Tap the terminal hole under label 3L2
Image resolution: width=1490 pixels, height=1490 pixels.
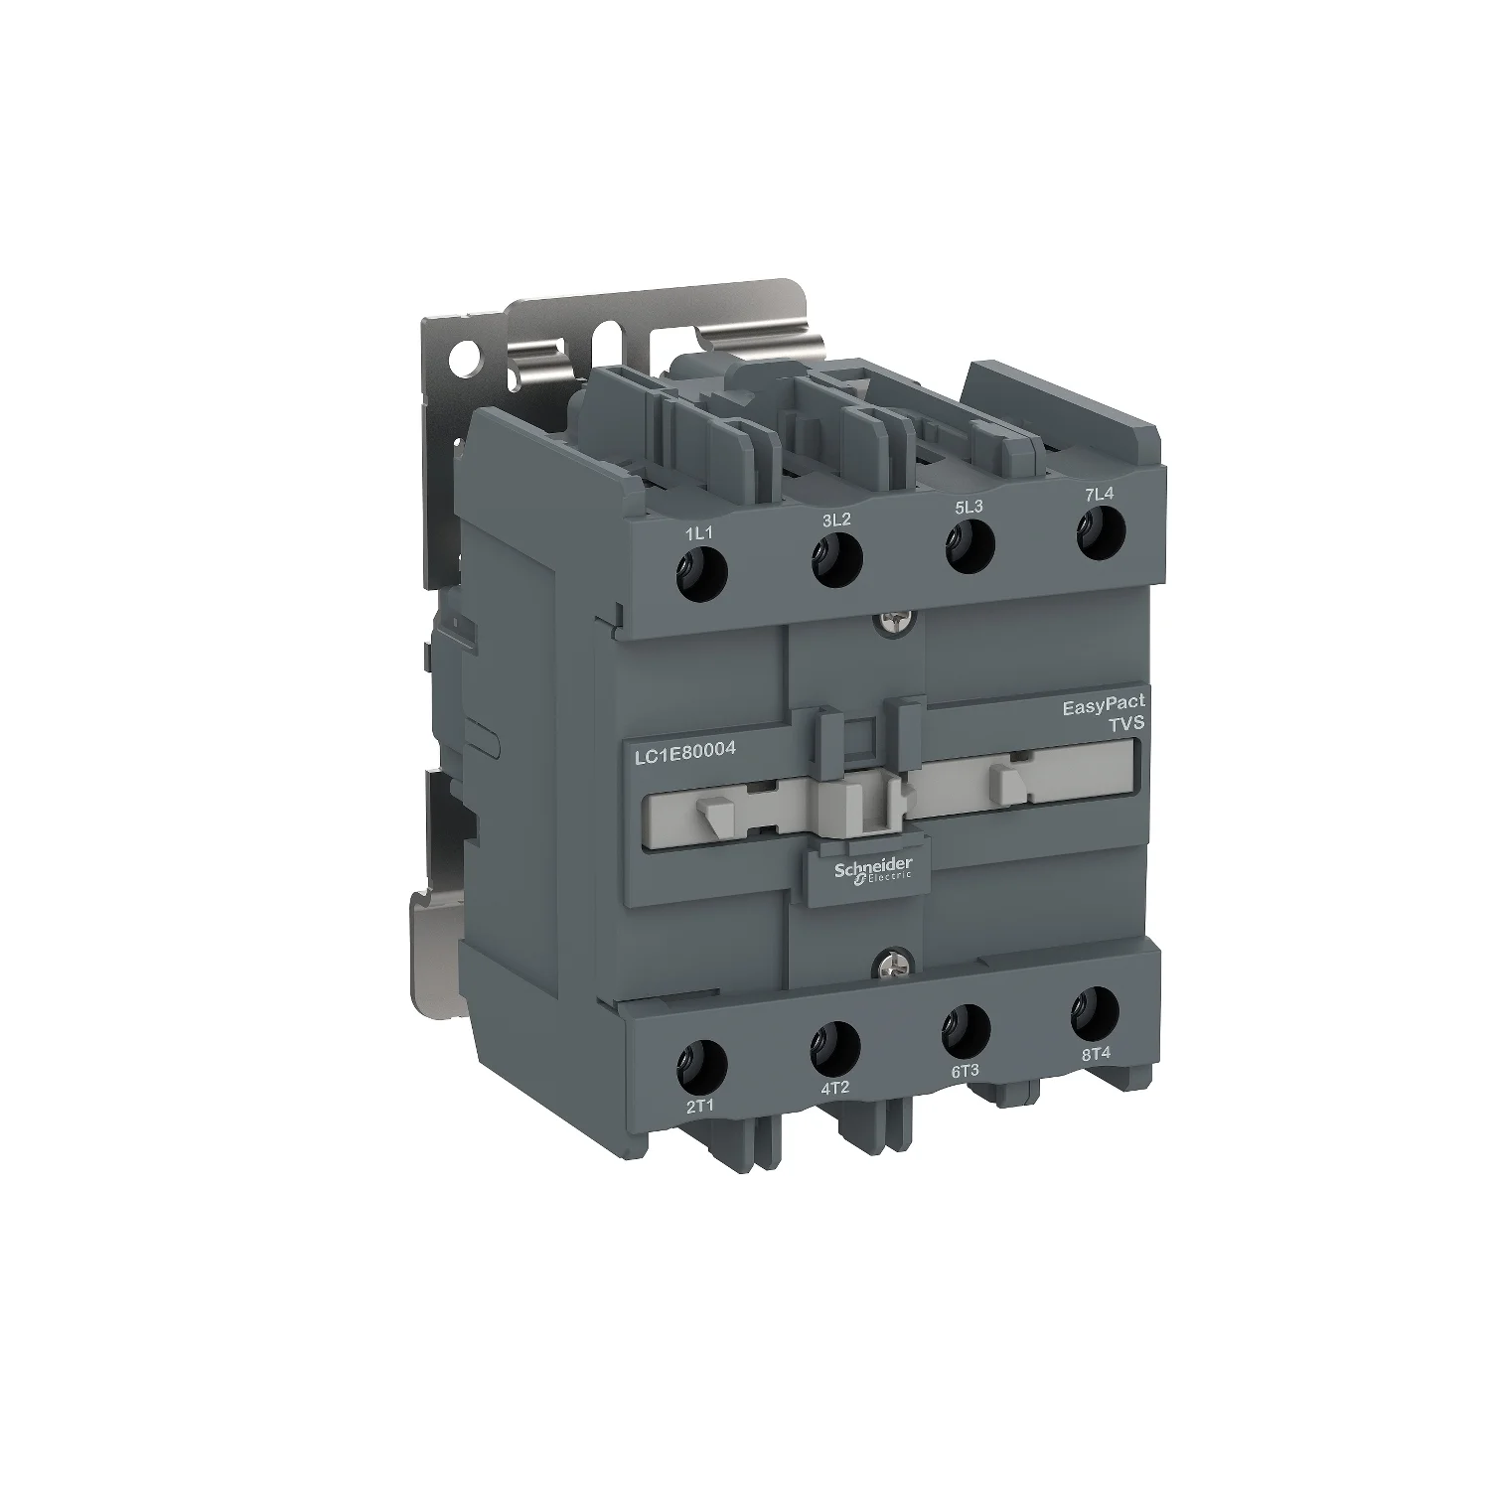pyautogui.click(x=836, y=561)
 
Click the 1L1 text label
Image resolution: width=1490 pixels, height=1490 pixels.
pyautogui.click(x=699, y=533)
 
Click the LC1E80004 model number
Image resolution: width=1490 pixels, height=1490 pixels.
pyautogui.click(x=684, y=751)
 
